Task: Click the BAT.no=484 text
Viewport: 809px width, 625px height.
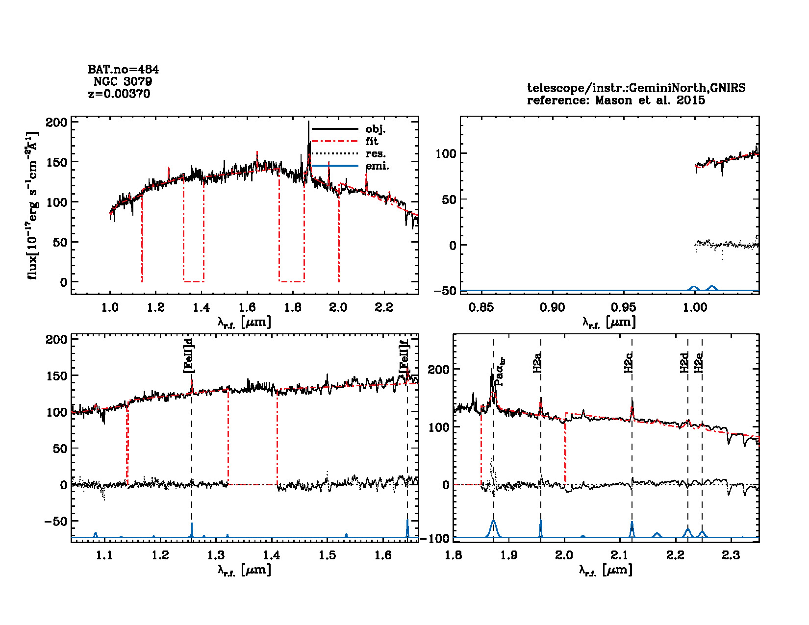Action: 123,70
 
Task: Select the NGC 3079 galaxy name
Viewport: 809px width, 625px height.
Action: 123,81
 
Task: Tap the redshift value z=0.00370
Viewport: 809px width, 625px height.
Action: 119,94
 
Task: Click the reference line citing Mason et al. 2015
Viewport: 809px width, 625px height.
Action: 616,100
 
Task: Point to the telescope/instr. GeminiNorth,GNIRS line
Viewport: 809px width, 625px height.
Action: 636,88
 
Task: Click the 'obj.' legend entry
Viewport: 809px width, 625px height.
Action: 376,129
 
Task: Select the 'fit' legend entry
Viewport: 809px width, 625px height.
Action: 372,142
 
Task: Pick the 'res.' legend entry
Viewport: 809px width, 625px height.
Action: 376,154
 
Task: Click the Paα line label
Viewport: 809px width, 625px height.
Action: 500,371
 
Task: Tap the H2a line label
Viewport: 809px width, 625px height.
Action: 537,362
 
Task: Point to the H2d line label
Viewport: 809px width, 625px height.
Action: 684,362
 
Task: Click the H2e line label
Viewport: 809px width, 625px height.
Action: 699,362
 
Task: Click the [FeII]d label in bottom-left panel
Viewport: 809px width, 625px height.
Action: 188,355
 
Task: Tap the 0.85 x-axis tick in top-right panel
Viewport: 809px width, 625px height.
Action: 481,308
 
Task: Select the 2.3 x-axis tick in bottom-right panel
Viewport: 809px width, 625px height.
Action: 731,555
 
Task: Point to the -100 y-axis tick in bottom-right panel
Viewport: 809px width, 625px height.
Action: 438,539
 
